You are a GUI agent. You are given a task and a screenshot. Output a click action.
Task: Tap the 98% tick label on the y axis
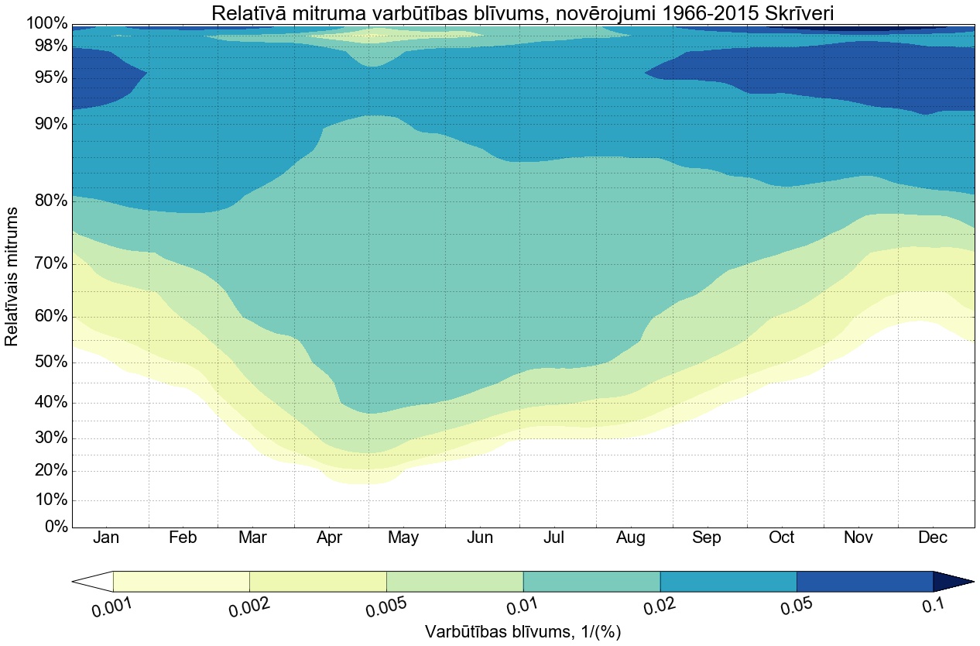(x=46, y=46)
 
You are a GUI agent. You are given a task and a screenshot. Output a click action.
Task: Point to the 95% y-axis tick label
(x=46, y=78)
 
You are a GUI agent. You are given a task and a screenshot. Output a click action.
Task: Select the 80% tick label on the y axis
(x=46, y=201)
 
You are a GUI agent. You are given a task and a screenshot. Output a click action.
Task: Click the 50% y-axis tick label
(x=46, y=363)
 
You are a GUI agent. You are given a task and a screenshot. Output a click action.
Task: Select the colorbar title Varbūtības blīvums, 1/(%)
(x=523, y=632)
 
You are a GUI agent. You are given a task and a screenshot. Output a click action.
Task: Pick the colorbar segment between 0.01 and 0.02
(x=591, y=581)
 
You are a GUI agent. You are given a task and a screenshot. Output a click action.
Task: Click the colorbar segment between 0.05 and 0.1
(x=864, y=581)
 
